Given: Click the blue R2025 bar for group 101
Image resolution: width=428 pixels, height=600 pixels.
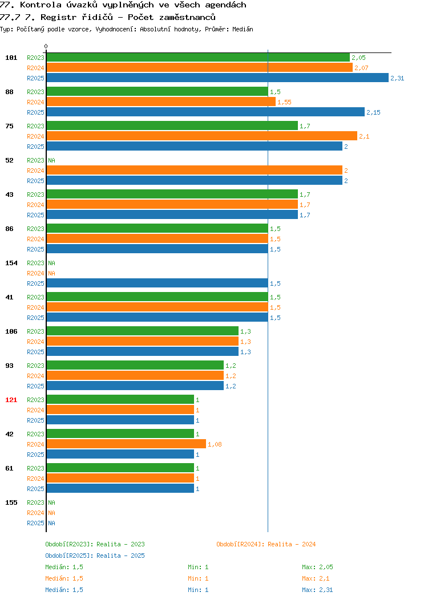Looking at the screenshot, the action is coord(217,78).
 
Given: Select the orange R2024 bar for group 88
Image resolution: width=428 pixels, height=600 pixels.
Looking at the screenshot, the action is coord(161,102).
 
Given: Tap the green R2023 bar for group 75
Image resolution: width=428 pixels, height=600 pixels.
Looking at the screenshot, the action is coord(172,126).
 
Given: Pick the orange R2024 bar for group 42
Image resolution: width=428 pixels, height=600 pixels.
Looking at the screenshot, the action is coord(126,444).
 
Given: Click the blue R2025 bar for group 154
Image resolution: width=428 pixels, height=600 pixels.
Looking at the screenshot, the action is coord(158,283).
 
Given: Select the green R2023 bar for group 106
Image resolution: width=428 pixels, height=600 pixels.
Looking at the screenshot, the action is coord(143,331).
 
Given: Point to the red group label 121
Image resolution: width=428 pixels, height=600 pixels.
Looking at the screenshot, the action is coord(11,400).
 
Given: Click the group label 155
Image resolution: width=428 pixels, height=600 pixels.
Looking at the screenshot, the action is coord(11,502).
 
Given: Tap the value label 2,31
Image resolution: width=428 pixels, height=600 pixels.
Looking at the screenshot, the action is coord(397,78).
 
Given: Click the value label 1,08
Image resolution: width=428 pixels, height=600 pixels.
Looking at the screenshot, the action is coord(215,444).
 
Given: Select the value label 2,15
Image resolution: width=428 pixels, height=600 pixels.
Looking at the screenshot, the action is coord(373,112).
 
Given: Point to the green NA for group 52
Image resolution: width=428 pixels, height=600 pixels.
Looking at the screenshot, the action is coord(52,160).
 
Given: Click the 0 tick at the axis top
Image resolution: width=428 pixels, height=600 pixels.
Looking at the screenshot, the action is coord(46,46).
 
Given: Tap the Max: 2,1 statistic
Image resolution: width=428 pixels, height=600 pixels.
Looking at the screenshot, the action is coord(316,578).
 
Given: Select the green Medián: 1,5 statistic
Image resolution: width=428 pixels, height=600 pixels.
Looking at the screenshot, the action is coord(64,567).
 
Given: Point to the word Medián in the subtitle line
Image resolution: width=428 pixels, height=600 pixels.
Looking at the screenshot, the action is coord(243,29).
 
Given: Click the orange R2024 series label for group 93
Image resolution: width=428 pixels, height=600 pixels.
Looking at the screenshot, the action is coord(35,376).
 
